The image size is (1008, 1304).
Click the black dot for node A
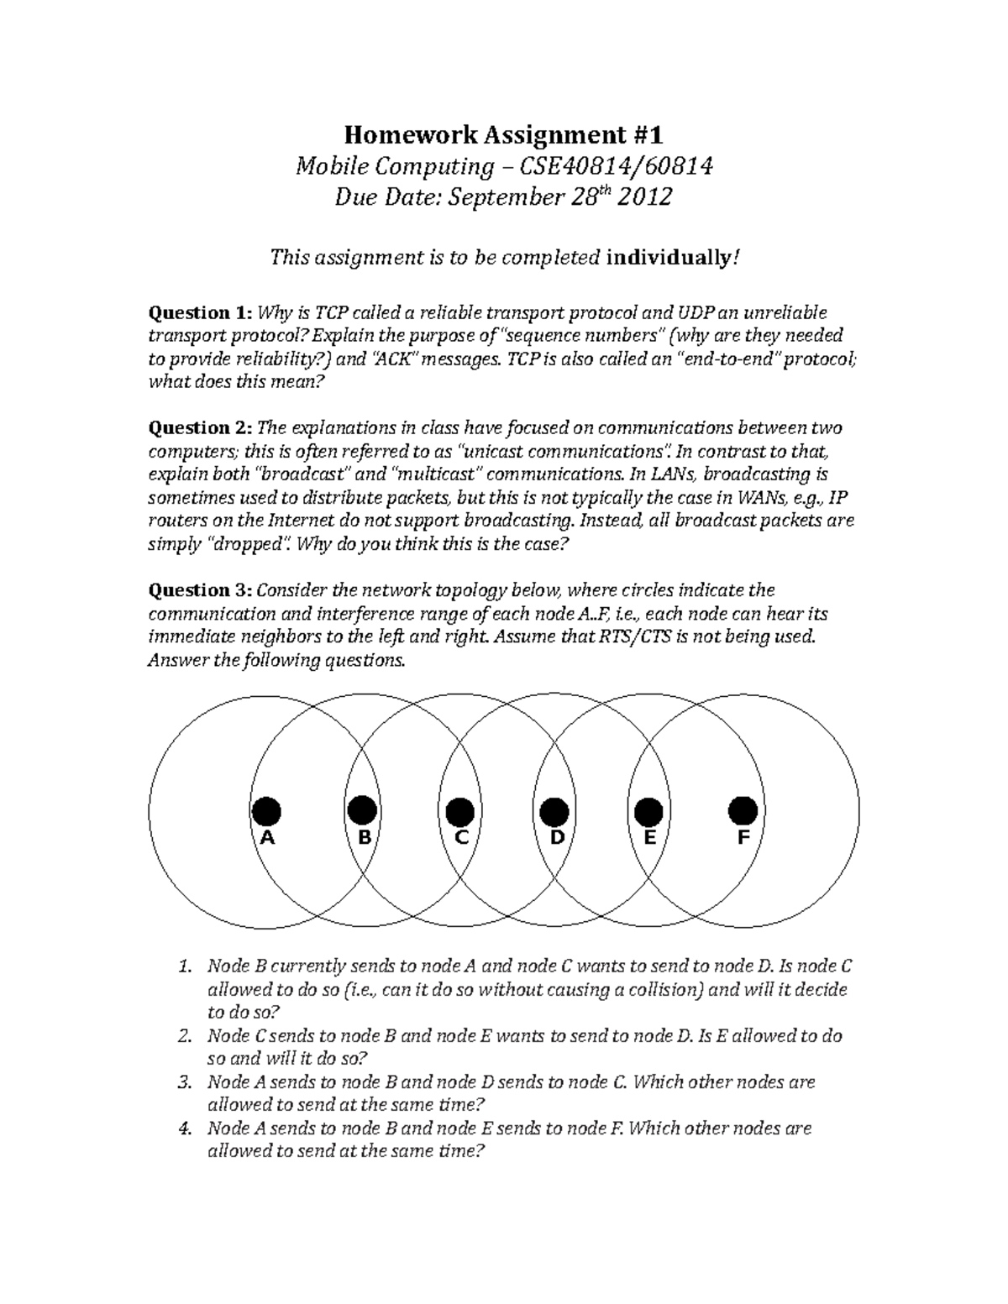[x=266, y=811]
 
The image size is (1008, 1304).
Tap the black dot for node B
[x=362, y=811]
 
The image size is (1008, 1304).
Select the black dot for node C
[x=459, y=812]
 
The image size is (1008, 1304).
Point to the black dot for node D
[x=554, y=812]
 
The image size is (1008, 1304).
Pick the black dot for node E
[x=648, y=812]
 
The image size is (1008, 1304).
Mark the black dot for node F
[x=743, y=811]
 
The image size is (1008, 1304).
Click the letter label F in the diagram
[x=743, y=838]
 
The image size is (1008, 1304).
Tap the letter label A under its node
[x=267, y=838]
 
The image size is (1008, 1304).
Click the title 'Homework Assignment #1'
[x=503, y=134]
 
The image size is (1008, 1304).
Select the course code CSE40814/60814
[x=617, y=166]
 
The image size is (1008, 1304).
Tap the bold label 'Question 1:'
[x=199, y=313]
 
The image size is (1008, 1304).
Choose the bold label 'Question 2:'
[x=199, y=428]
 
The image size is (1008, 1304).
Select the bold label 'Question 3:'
[x=199, y=590]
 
